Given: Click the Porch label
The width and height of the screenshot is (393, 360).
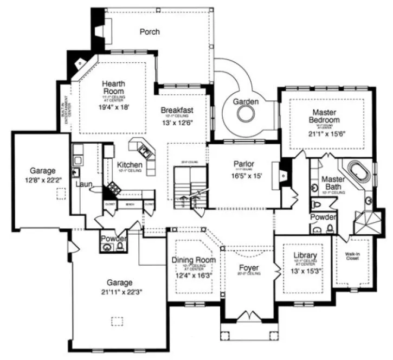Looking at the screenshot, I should tap(150, 32).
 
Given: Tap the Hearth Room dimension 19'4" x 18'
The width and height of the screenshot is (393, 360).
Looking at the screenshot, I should tap(114, 107).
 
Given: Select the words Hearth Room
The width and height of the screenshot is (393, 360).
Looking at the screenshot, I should tap(114, 88).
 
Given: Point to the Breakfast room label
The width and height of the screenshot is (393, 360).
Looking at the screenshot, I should tap(177, 110).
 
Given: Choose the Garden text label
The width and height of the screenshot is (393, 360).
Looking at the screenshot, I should tap(246, 101).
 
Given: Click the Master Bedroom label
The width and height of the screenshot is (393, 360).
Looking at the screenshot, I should tap(324, 115).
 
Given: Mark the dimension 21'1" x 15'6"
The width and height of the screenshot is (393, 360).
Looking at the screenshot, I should tap(326, 133).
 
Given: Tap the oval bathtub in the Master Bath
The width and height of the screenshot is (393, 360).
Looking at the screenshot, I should tap(357, 172).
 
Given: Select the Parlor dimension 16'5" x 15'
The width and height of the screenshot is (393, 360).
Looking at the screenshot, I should tap(243, 176).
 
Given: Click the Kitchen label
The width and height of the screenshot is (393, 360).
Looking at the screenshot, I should tap(130, 165).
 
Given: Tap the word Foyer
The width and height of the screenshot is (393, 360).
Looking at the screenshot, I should tap(249, 268).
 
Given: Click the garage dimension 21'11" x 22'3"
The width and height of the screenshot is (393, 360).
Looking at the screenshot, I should tap(120, 293).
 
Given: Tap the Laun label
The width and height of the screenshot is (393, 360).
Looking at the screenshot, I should tap(84, 184).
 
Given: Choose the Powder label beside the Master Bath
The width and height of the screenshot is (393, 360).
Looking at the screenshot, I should tap(323, 217).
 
